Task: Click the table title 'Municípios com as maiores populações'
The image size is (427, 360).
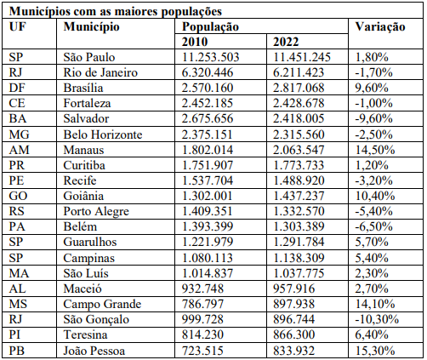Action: click(x=116, y=12)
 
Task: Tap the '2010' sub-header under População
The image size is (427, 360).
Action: click(x=197, y=42)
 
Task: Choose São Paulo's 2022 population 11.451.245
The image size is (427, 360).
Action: click(x=304, y=57)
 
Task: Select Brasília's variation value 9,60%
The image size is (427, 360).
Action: click(x=373, y=88)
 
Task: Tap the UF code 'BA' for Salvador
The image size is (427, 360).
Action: click(x=18, y=118)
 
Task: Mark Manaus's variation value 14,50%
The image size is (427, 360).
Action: click(x=376, y=150)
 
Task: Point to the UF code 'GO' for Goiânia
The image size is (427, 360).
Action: click(x=19, y=196)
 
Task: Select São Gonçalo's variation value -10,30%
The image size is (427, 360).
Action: click(x=378, y=319)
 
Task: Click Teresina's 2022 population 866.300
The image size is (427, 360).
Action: click(x=296, y=334)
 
